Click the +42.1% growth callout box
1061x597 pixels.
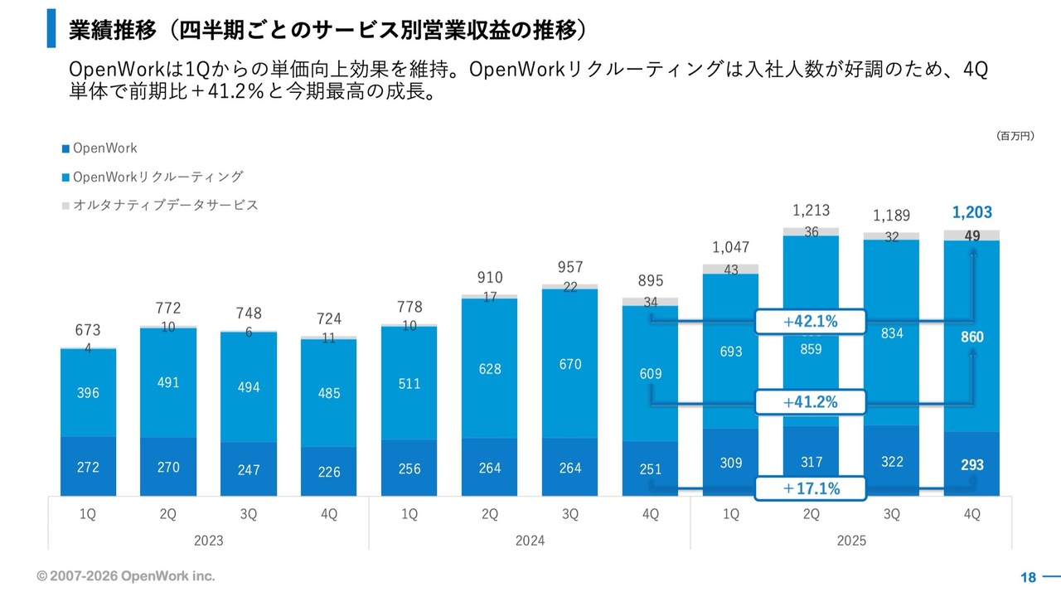tap(810, 322)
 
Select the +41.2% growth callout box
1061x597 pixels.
tap(810, 402)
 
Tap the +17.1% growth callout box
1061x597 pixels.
tap(810, 488)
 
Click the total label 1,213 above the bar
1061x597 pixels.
tap(811, 211)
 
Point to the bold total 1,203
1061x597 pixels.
tap(972, 212)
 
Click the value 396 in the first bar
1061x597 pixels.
tap(87, 393)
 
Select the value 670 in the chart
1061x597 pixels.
tap(570, 364)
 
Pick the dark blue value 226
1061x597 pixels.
tap(329, 472)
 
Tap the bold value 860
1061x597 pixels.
tap(972, 337)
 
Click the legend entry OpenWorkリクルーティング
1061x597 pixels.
tap(157, 177)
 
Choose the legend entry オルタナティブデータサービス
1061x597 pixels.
tap(165, 205)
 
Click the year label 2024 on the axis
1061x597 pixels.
tap(530, 541)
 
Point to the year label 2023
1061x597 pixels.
tap(208, 541)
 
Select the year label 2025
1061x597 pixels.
tap(851, 541)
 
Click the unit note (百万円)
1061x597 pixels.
tap(1015, 135)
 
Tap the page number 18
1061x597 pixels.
tap(1028, 577)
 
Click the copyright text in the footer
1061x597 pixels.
tap(125, 575)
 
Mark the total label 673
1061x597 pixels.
tap(87, 331)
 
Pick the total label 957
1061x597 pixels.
tap(570, 267)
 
